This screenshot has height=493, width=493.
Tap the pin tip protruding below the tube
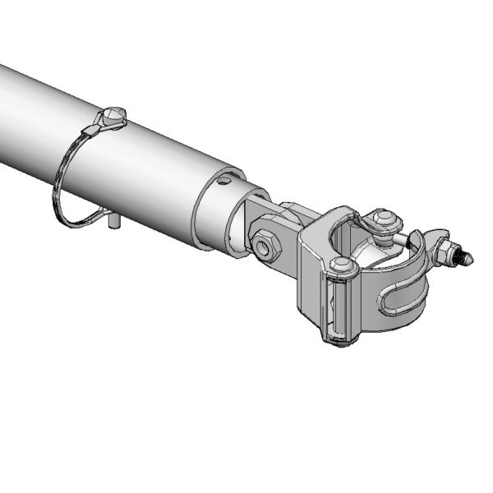point(116,223)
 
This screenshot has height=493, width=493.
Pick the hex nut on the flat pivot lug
point(265,244)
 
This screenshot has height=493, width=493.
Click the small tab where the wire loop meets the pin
point(101,123)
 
